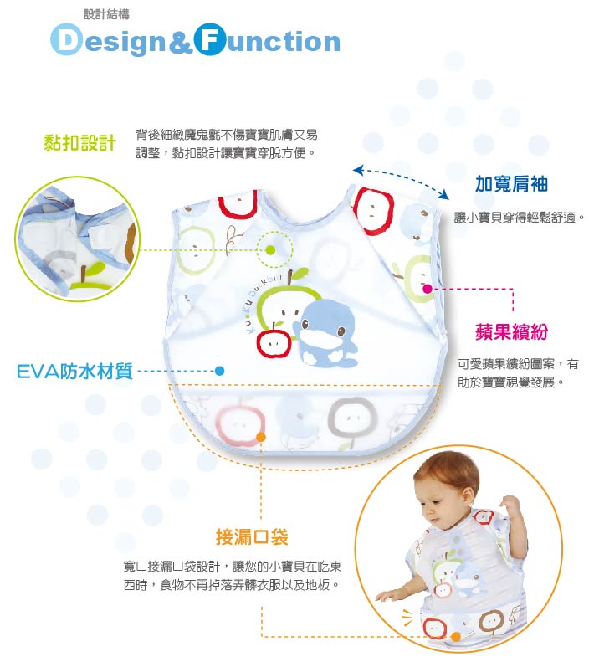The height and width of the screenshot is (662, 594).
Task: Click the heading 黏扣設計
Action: coord(79,142)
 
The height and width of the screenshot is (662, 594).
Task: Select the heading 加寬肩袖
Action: coord(511,183)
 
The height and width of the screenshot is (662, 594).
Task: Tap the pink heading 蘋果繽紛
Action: coord(511,331)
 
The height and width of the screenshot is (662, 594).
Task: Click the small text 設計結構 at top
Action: coord(106,14)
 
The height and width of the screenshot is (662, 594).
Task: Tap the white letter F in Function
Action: coord(209,41)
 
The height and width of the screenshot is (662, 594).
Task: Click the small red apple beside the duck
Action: coord(272,341)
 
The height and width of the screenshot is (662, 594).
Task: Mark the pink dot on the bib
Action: coord(428,289)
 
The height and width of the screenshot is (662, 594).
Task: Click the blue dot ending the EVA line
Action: coord(219,371)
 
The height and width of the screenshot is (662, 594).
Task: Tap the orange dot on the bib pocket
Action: coord(261,437)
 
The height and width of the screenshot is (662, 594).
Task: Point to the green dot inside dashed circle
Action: coord(270,249)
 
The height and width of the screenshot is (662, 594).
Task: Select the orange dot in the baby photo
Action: coord(456,636)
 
